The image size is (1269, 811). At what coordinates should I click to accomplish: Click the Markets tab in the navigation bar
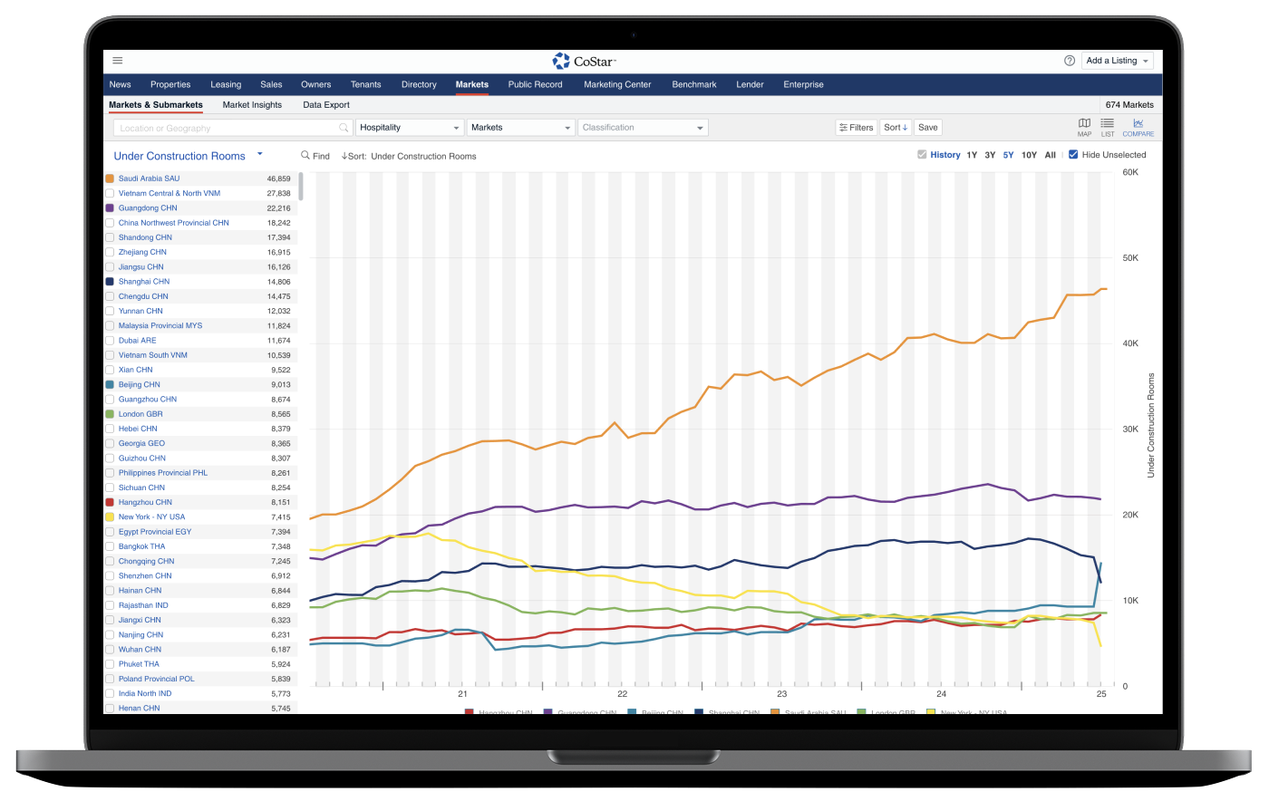(x=471, y=84)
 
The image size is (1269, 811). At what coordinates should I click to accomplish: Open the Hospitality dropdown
(x=410, y=128)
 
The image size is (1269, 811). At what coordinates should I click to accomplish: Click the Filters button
(x=856, y=128)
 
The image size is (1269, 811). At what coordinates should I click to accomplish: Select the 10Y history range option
(x=1029, y=155)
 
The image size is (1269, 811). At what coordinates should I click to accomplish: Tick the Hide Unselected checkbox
(x=1073, y=155)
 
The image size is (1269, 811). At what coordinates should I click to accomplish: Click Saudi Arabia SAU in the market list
(x=149, y=179)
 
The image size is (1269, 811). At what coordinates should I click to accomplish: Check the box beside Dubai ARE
(x=110, y=341)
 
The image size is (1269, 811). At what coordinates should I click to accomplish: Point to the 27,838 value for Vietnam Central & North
(x=278, y=193)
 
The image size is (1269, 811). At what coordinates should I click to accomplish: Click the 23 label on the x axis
(x=781, y=694)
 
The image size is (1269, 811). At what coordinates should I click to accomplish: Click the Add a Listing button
(x=1119, y=61)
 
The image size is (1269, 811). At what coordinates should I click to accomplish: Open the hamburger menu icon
(x=118, y=61)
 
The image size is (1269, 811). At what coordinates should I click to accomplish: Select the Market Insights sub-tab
(x=252, y=105)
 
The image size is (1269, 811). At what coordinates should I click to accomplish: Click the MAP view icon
(x=1084, y=127)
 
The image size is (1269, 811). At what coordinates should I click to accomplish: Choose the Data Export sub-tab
(x=326, y=105)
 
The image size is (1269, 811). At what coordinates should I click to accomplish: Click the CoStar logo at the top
(x=585, y=61)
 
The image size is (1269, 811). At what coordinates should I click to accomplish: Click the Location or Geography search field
(x=231, y=128)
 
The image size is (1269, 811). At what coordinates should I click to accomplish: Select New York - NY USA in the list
(x=151, y=517)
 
